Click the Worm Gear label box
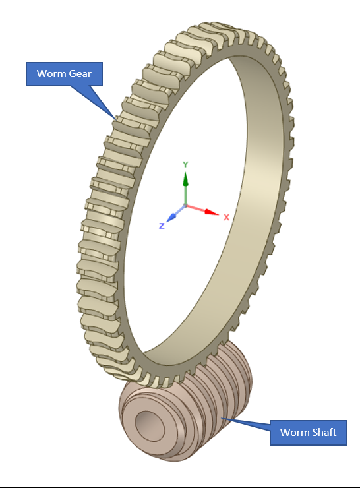[64, 73]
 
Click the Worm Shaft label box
[308, 433]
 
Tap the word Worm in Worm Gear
[51, 73]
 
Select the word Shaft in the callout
[324, 433]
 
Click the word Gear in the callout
[80, 73]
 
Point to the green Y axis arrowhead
[185, 179]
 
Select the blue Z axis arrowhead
[170, 216]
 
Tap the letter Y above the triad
[186, 164]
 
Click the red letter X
[226, 217]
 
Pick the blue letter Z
[162, 226]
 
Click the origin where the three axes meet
[185, 206]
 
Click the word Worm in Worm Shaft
[294, 433]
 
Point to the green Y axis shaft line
[185, 195]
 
